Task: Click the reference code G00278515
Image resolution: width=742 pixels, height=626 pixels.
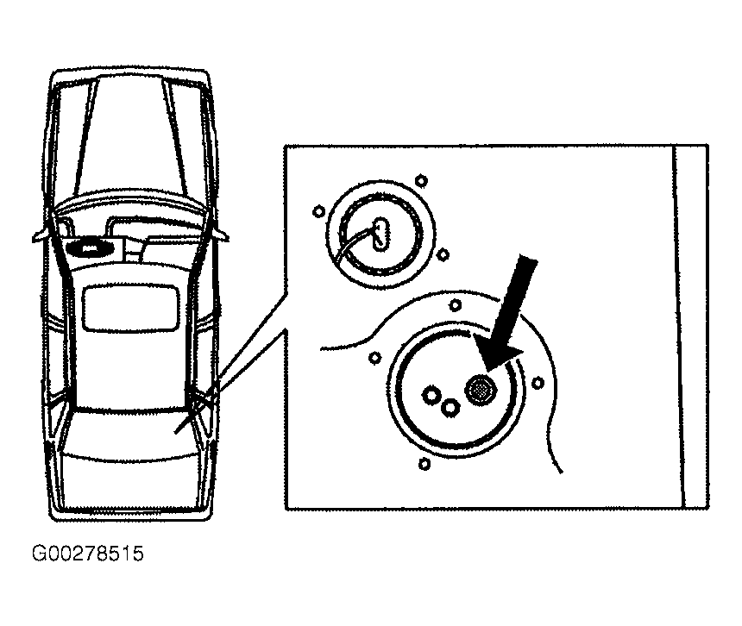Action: [87, 554]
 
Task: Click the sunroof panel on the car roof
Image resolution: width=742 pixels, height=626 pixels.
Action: [131, 306]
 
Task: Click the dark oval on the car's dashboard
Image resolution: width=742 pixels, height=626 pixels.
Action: [88, 247]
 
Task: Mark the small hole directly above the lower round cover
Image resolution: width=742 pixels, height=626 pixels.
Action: [456, 305]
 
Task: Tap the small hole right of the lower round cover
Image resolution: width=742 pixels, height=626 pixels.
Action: [538, 383]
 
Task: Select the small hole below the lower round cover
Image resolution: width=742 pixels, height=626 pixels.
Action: [424, 464]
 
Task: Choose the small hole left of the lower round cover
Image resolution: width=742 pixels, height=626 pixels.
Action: [374, 358]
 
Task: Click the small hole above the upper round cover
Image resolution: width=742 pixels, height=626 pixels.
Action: [421, 180]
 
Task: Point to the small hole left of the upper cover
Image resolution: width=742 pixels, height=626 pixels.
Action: [318, 211]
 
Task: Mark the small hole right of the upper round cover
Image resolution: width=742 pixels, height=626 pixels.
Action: [443, 255]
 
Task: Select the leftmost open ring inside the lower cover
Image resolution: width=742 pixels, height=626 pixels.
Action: [431, 394]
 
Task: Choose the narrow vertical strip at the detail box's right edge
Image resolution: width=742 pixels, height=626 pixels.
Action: [691, 326]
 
